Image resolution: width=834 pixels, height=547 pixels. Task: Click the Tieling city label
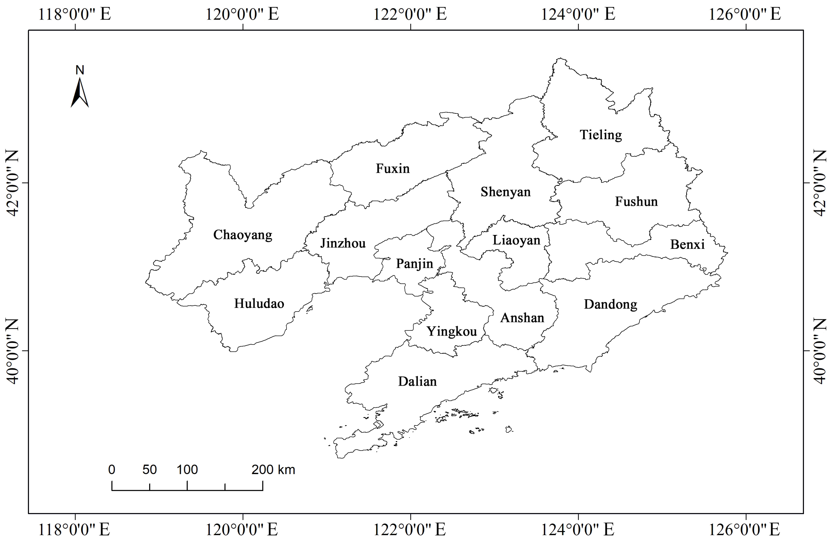[x=601, y=135]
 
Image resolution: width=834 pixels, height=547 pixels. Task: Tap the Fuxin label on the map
[x=392, y=169]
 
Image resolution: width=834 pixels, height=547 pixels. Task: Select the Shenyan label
[x=505, y=192]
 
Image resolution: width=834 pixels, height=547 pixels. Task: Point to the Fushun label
[x=636, y=201]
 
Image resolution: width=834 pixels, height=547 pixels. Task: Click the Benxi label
[x=687, y=245]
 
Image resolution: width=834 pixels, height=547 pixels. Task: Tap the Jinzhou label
[x=343, y=243]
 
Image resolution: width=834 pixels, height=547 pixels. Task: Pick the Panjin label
[x=415, y=264]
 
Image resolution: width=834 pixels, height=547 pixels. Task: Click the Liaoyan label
[x=516, y=240]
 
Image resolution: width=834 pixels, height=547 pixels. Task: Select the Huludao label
[x=259, y=303]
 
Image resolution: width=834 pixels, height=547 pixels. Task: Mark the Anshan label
[x=522, y=318]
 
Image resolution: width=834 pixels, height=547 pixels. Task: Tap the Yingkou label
[x=452, y=332]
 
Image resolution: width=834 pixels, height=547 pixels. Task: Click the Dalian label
[x=417, y=381]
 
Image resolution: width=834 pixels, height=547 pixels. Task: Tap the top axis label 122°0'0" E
[x=410, y=15]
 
